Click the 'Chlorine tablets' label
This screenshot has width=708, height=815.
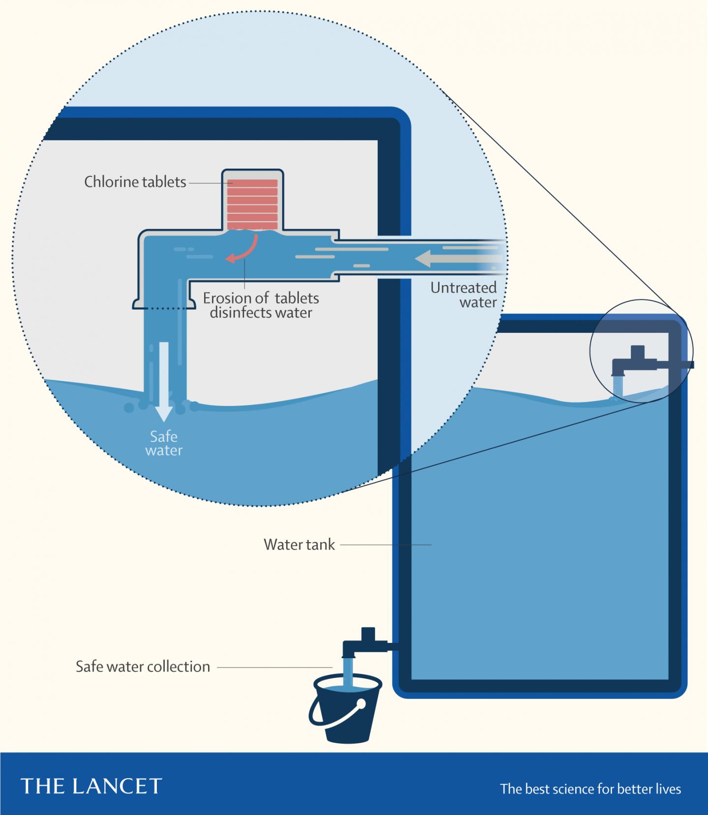(135, 182)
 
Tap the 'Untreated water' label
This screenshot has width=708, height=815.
(464, 294)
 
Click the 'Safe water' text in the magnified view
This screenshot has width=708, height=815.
(164, 443)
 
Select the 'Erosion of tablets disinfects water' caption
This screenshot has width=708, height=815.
(261, 305)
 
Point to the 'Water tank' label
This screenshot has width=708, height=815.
(299, 545)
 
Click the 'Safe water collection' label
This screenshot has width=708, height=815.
(143, 667)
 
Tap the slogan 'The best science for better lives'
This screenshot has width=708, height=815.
(590, 789)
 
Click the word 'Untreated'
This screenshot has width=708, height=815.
(464, 288)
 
